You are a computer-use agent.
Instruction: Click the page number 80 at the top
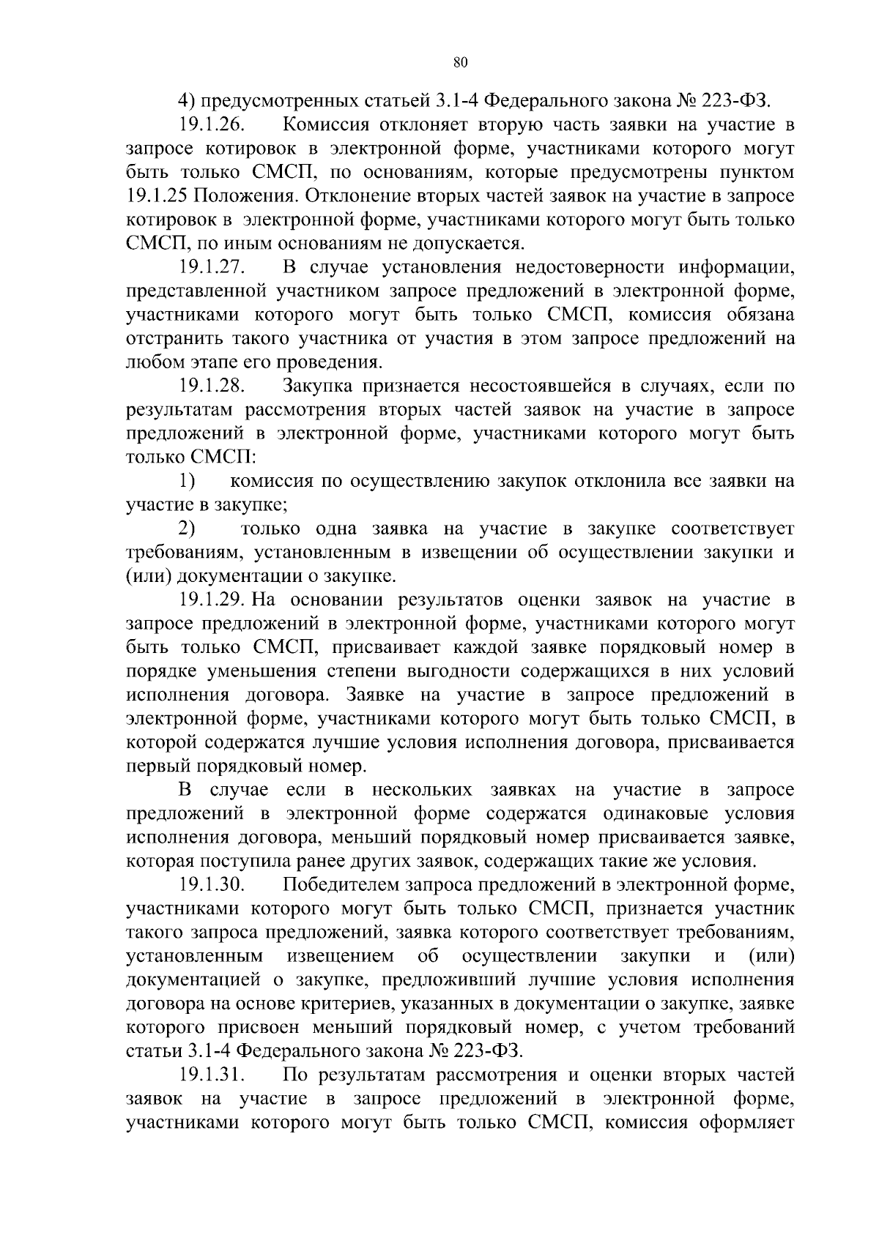coord(460,62)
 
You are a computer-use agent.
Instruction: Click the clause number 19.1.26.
coord(212,125)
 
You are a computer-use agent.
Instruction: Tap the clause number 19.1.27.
coord(212,267)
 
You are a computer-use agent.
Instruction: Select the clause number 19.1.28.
coord(212,386)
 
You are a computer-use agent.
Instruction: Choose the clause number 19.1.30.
coord(212,885)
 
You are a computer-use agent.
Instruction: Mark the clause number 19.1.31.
coord(212,1075)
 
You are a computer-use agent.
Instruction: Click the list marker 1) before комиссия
coord(187,482)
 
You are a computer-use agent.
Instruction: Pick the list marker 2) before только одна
coord(187,529)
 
